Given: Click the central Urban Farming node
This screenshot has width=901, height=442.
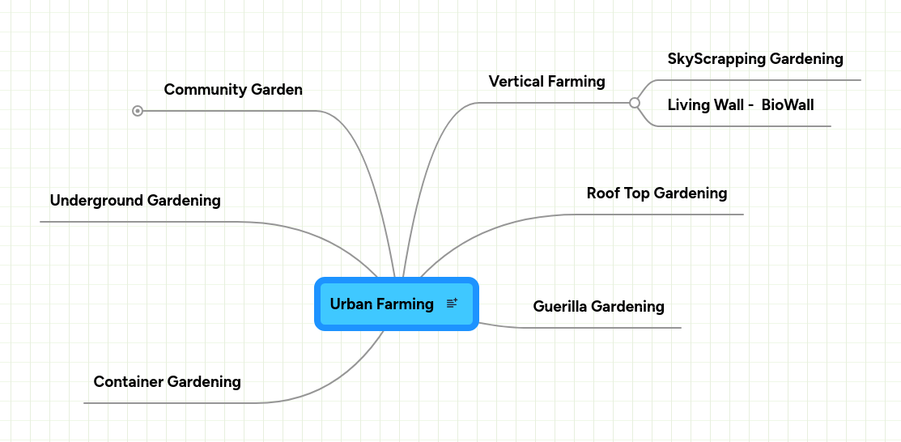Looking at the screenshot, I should point(382,304).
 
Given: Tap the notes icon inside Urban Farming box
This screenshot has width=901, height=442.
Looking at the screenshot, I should point(452,304).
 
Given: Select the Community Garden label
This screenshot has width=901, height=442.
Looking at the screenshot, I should point(233,90).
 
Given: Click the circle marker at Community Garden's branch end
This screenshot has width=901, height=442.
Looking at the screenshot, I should point(138,111).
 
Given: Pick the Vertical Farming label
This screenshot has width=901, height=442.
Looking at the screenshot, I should point(546,82).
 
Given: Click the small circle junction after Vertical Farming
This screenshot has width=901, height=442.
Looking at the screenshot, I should point(635,103).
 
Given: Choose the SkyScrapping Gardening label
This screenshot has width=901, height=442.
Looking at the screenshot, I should point(754,59).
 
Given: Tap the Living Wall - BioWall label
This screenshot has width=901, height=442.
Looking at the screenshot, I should point(740,105).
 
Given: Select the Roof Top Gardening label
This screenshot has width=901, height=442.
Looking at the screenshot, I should point(657,193).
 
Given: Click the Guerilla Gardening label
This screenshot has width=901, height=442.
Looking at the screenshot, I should point(598,307).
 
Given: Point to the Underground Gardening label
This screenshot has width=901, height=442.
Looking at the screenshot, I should point(135,201).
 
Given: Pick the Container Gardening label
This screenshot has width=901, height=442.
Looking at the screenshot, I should point(167,382).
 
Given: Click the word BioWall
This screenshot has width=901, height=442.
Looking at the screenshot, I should point(788,105).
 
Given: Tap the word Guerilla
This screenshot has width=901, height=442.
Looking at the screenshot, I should point(559,307).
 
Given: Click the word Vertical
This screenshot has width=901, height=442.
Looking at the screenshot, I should point(516,82).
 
